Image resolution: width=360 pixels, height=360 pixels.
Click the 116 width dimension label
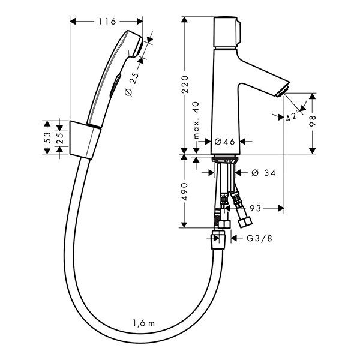pyautogui.click(x=106, y=22)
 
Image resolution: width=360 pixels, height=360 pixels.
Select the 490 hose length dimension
pyautogui.click(x=186, y=191)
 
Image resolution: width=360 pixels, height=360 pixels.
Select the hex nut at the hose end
pyautogui.click(x=219, y=239)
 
